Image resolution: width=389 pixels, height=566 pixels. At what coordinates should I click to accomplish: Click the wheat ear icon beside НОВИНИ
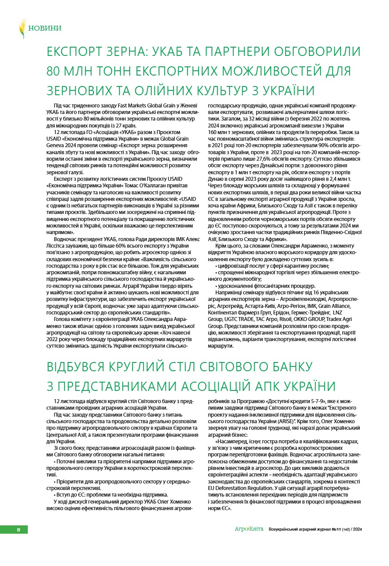point(22,28)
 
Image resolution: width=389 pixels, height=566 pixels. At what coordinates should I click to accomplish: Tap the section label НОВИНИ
point(45,28)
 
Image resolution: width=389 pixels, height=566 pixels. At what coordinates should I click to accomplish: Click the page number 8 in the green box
point(18,530)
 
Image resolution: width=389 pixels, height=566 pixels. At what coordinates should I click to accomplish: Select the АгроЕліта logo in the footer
point(249,529)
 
